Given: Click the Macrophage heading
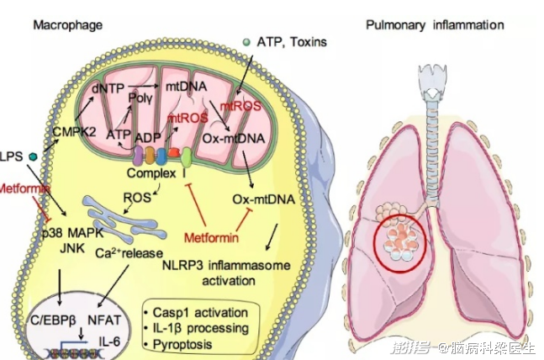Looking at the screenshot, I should [67, 25].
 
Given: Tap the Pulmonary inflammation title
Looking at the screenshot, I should [435, 25].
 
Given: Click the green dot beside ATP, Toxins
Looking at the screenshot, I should [246, 42].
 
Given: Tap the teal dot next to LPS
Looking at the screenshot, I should [33, 156].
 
